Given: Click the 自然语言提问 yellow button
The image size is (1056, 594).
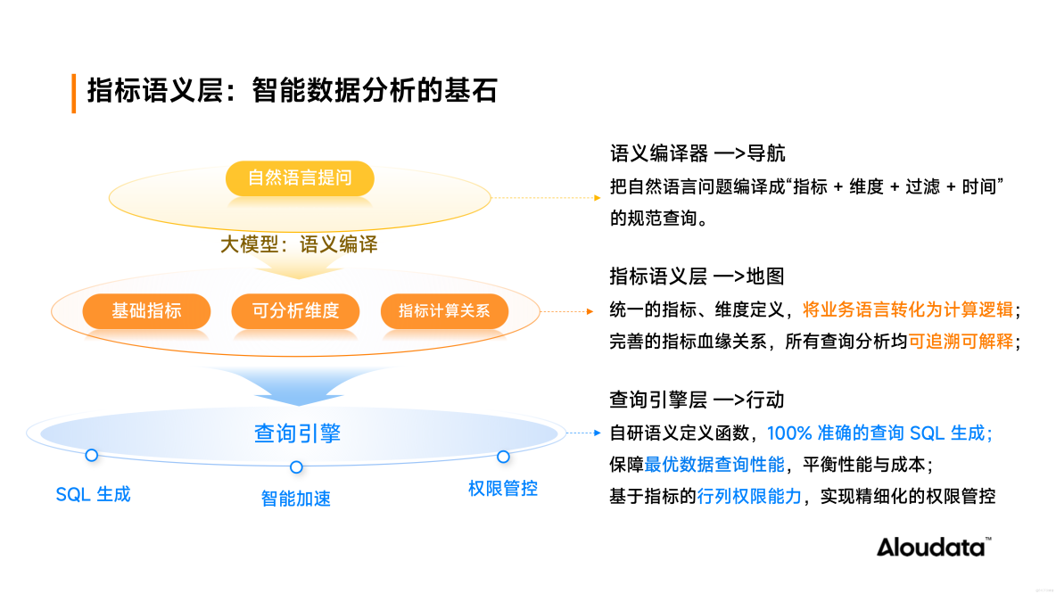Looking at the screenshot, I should pyautogui.click(x=300, y=178).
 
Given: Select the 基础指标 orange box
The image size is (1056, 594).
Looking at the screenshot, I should pyautogui.click(x=146, y=311).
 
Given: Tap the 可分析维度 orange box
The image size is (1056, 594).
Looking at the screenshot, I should pyautogui.click(x=295, y=311).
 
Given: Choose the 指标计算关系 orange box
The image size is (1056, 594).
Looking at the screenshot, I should pyautogui.click(x=444, y=311).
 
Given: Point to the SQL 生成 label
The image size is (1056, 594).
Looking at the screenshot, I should pyautogui.click(x=93, y=494).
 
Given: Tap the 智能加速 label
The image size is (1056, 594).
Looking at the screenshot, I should pyautogui.click(x=296, y=499).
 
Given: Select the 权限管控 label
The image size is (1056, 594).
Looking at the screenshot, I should pyautogui.click(x=503, y=489).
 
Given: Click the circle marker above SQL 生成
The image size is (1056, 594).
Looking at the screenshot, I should pyautogui.click(x=91, y=455).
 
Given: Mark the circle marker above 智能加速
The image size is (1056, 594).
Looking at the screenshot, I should pyautogui.click(x=296, y=467).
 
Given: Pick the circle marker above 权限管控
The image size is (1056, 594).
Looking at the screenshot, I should pyautogui.click(x=503, y=457).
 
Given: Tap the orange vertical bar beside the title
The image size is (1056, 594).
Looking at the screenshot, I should pyautogui.click(x=74, y=93).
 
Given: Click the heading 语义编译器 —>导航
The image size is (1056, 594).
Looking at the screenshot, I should pyautogui.click(x=697, y=153).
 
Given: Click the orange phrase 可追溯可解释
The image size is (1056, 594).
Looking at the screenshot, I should pyautogui.click(x=961, y=341).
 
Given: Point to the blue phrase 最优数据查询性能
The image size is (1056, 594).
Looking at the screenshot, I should pyautogui.click(x=714, y=464).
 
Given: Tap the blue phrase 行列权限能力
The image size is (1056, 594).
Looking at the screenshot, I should pyautogui.click(x=750, y=497).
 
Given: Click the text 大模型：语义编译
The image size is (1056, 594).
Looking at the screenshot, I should pyautogui.click(x=299, y=244).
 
